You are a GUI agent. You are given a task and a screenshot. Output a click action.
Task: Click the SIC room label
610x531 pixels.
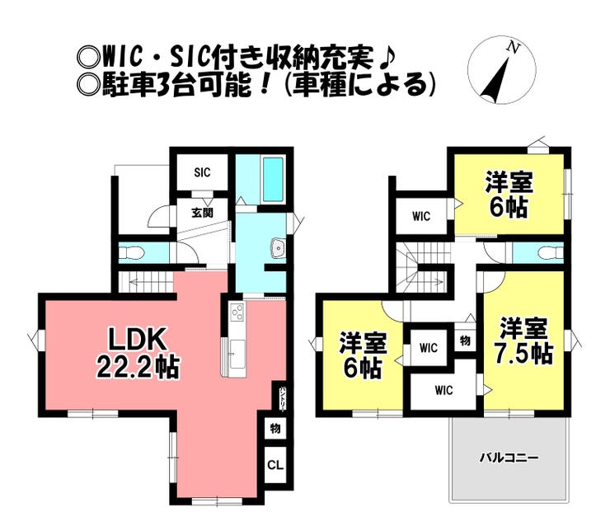pos(202,172)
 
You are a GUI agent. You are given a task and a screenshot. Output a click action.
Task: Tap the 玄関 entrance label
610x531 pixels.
pos(202,213)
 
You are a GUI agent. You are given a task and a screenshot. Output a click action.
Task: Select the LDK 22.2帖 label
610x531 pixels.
pos(138,353)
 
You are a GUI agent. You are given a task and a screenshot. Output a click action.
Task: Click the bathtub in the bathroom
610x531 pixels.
pos(272,176)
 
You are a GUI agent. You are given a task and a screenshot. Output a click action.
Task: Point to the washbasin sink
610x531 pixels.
pos(277,246)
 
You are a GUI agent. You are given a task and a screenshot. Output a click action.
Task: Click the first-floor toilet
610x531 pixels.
pos(132,253)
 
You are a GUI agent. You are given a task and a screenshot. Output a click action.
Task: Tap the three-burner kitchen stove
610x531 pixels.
pos(237,312)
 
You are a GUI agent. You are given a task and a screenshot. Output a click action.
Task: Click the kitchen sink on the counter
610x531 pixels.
pos(237,354)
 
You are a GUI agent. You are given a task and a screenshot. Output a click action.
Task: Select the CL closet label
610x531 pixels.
pos(275,465)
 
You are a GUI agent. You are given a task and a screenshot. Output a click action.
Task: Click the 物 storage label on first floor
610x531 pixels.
pos(275,428)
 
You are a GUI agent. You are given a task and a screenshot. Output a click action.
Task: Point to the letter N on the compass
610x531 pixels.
pos(514,48)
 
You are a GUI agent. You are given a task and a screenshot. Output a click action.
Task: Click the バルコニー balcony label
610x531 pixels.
pos(509,458)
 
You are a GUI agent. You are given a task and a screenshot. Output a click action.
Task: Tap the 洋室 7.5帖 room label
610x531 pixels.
pos(523,341)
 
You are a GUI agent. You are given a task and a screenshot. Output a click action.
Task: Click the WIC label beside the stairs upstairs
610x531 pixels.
pos(421,216)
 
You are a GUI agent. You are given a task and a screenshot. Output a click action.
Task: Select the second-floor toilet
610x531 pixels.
pos(551,253)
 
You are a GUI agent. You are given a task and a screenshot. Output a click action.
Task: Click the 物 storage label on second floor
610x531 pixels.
pos(465,341)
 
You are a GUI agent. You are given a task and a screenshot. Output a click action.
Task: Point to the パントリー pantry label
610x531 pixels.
pos(283,397)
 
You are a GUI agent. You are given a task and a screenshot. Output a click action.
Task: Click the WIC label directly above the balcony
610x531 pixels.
pos(443,390)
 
